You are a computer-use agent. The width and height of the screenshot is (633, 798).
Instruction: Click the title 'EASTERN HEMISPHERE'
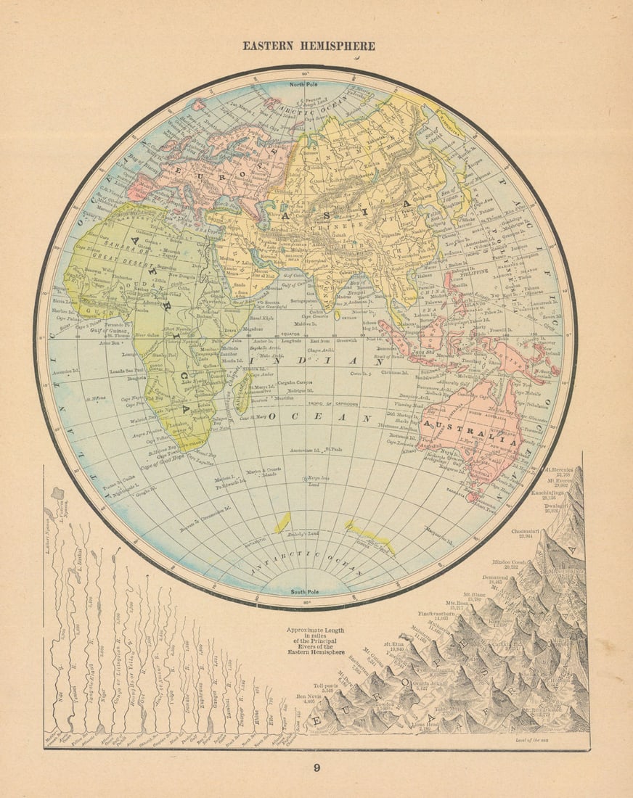(309, 46)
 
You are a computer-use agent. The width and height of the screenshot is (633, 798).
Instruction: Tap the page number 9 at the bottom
(316, 768)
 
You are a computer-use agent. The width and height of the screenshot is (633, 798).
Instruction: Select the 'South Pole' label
(306, 591)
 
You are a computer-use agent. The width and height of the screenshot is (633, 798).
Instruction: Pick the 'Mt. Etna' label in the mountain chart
(393, 643)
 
